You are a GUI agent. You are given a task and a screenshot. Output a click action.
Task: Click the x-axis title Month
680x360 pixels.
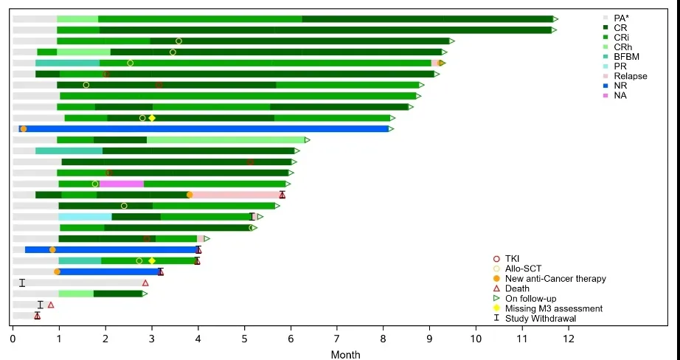point(345,354)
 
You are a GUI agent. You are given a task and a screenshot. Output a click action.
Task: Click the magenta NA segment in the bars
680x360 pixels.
point(122,184)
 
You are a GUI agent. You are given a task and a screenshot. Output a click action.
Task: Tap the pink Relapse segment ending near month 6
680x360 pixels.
point(236,195)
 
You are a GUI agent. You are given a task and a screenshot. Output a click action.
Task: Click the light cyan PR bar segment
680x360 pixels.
point(85,217)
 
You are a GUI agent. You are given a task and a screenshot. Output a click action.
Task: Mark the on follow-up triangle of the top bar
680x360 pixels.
point(555,18)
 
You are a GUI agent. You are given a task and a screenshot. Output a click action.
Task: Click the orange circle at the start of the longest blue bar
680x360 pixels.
point(24,128)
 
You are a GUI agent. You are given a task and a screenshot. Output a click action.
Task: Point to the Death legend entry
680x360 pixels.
point(517,288)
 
